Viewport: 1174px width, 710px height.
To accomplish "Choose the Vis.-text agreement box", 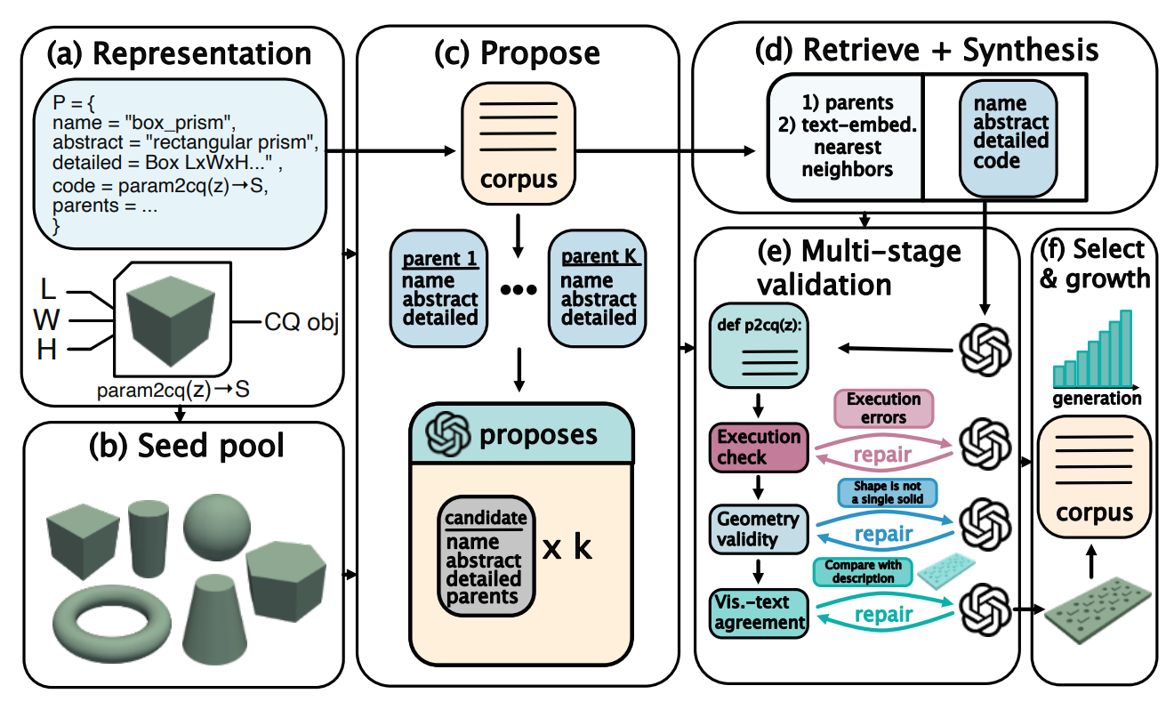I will (759, 612).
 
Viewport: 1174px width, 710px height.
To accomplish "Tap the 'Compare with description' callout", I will (863, 571).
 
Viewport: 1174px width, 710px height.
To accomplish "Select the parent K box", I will (598, 287).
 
